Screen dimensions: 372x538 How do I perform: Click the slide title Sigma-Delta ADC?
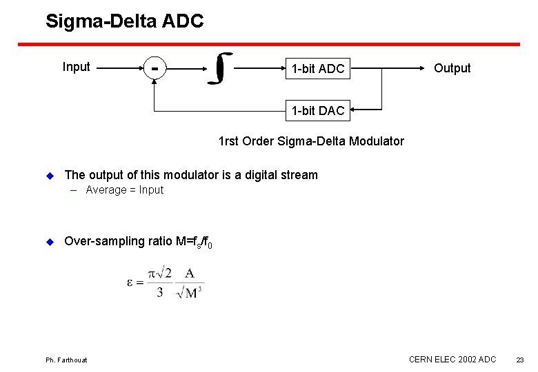pos(124,21)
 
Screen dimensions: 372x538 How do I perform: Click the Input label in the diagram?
pos(76,67)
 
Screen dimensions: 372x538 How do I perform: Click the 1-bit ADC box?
pos(317,69)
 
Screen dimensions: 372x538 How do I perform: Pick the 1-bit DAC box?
pos(317,110)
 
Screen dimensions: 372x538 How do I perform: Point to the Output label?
pos(452,68)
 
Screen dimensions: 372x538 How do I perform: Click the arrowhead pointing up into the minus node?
pos(155,78)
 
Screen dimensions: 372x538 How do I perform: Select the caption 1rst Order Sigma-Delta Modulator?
pos(311,141)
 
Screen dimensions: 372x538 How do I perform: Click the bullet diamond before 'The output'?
pos(49,175)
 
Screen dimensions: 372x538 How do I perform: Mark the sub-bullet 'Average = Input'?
pos(124,190)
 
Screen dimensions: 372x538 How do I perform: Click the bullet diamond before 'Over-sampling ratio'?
pos(49,241)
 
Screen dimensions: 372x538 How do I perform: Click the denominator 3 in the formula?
pos(160,292)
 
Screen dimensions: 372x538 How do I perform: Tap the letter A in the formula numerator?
pos(189,273)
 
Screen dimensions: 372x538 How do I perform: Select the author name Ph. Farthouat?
pos(66,360)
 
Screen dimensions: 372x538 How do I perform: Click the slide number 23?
pos(520,360)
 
